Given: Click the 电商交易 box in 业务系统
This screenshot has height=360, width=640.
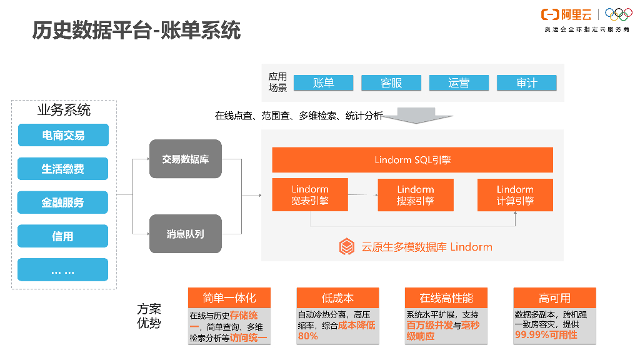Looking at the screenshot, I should (63, 135).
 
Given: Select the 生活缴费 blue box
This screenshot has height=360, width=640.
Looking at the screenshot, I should (63, 169).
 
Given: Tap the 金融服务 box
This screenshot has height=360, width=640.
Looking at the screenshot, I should (63, 202).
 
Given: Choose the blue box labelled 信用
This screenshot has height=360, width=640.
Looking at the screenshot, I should (63, 236).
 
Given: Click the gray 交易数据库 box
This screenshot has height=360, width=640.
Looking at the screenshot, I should (186, 159).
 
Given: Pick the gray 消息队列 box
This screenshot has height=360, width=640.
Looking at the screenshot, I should (186, 234).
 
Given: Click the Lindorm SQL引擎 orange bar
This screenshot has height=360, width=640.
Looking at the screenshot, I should (412, 160).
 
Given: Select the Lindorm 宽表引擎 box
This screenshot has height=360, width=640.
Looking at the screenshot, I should (310, 195).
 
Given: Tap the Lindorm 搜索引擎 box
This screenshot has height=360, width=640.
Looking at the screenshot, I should (415, 195).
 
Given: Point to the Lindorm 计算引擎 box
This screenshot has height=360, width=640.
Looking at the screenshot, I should (515, 195).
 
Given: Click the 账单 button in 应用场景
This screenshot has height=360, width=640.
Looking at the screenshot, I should (324, 83).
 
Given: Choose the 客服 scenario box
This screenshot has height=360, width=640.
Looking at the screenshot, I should (391, 83).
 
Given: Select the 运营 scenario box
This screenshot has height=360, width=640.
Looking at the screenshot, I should (459, 83).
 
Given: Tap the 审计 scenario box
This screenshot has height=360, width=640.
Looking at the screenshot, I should (526, 83).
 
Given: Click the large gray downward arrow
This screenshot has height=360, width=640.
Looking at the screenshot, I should (416, 116).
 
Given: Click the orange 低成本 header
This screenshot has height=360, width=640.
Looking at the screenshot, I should (337, 297).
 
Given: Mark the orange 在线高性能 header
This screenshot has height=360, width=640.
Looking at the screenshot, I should (446, 297).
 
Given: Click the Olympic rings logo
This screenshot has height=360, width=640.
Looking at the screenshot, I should (618, 14).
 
